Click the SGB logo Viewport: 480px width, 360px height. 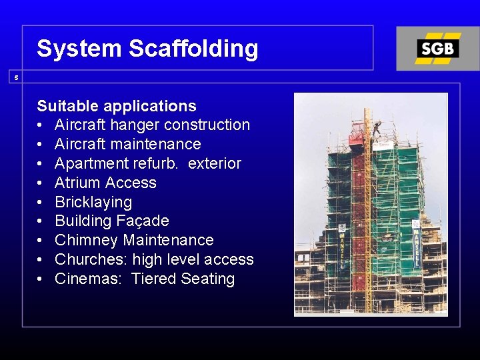pyautogui.click(x=437, y=49)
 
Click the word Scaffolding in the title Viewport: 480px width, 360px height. pyautogui.click(x=193, y=49)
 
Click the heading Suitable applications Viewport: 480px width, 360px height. pyautogui.click(x=117, y=106)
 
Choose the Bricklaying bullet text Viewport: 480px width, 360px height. pyautogui.click(x=93, y=202)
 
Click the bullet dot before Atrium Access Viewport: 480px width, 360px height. pyautogui.click(x=41, y=183)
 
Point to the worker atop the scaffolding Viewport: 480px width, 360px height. pyautogui.click(x=377, y=127)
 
